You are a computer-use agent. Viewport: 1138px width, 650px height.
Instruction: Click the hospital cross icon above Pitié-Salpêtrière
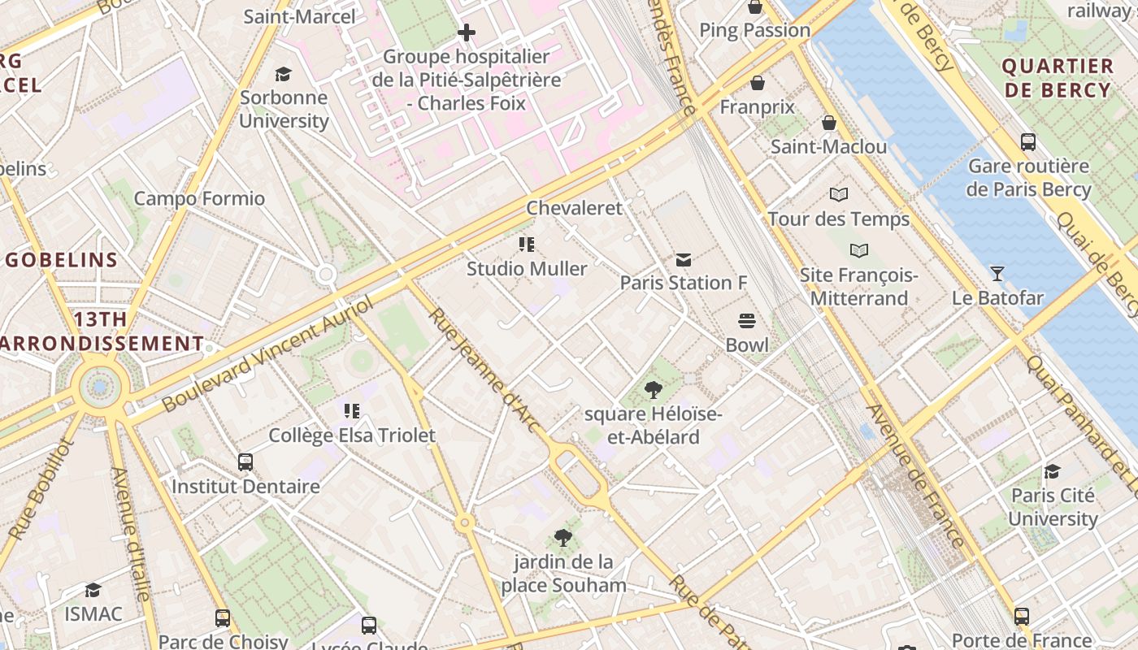click(x=467, y=32)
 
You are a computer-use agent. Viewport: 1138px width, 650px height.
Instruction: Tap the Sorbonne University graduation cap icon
click(x=284, y=74)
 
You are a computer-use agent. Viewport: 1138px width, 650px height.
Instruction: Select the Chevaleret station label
click(x=574, y=208)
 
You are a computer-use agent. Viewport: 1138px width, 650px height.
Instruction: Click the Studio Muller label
click(x=527, y=268)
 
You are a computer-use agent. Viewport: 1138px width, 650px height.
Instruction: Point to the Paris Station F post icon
click(x=684, y=259)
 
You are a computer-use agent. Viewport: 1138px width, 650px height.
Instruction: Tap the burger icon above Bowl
click(x=747, y=321)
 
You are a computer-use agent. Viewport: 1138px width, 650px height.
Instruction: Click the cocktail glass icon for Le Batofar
click(x=997, y=274)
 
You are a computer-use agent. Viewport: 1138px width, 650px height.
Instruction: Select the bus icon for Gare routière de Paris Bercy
click(x=1028, y=142)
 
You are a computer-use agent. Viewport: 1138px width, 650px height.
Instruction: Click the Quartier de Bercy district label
click(x=1057, y=78)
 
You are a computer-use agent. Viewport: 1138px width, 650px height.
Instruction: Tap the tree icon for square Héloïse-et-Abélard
click(x=653, y=391)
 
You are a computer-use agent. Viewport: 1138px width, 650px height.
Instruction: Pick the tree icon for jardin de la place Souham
click(x=562, y=537)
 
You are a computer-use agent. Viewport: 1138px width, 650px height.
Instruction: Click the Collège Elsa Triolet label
click(x=352, y=435)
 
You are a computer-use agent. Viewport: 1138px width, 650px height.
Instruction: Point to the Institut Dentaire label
click(x=245, y=487)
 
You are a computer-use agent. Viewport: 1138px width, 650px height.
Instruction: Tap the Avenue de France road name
click(x=915, y=476)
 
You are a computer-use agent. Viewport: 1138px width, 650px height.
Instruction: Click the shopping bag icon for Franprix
click(x=758, y=83)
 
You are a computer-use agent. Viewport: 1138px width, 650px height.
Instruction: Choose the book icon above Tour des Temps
click(x=839, y=195)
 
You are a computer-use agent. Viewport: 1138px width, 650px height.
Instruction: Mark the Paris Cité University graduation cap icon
click(x=1053, y=472)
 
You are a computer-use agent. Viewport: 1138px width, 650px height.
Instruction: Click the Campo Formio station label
click(x=199, y=198)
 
